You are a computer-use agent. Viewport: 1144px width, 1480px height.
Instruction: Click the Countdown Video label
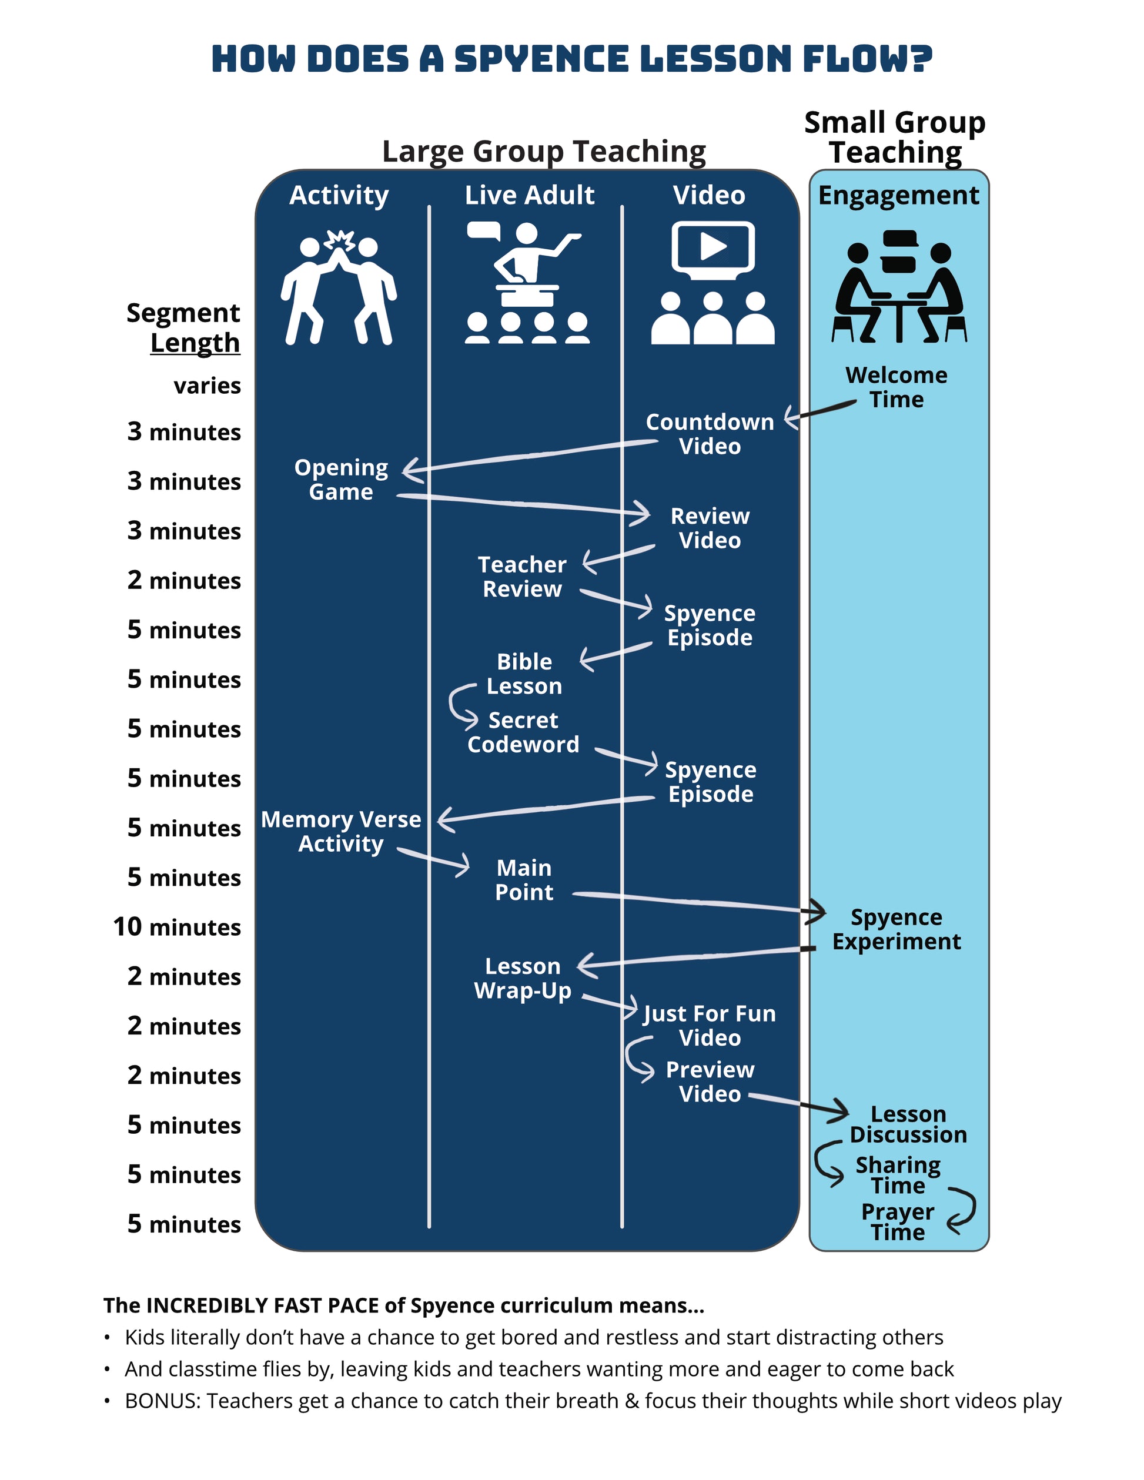tap(710, 434)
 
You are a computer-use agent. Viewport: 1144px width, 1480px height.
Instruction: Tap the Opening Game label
tap(341, 479)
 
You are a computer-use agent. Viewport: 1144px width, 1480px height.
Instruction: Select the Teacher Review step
tap(522, 577)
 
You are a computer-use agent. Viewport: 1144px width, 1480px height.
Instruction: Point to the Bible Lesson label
tap(524, 674)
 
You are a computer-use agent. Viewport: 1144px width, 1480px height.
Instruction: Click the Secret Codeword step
tap(523, 732)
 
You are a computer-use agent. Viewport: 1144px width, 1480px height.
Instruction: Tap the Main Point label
tap(524, 880)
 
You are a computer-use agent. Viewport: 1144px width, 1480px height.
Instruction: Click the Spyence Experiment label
tap(896, 929)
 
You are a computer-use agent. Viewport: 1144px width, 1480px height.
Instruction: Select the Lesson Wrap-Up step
tap(523, 978)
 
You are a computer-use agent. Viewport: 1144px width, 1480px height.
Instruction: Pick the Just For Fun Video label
tap(710, 1025)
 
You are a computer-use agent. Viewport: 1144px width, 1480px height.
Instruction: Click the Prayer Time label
tap(897, 1221)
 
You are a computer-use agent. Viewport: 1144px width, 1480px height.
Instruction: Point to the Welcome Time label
tap(896, 387)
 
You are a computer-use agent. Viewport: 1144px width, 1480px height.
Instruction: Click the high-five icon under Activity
tap(339, 288)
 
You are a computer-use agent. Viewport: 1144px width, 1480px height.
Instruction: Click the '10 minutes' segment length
tap(177, 926)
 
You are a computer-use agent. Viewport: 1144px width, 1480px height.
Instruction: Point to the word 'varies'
tap(207, 386)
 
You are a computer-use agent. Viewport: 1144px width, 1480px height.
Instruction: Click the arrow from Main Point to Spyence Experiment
tap(698, 902)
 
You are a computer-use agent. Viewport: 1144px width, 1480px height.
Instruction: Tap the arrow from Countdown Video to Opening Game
tap(528, 456)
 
